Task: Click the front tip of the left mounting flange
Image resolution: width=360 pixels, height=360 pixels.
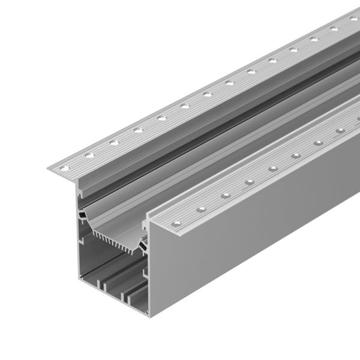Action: click(x=51, y=169)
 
